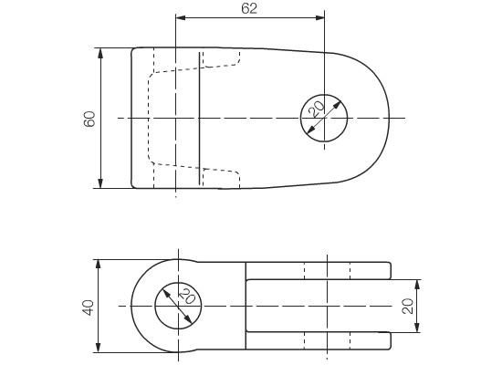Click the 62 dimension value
point(249,8)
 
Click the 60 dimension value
point(89,119)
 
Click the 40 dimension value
point(88,308)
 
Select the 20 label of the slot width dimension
point(407,306)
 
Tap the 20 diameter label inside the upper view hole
point(317,109)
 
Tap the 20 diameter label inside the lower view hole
point(188,296)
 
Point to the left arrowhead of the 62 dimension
point(181,17)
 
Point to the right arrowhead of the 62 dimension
point(319,17)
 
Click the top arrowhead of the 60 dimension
point(100,53)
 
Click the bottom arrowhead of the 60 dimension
point(100,183)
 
